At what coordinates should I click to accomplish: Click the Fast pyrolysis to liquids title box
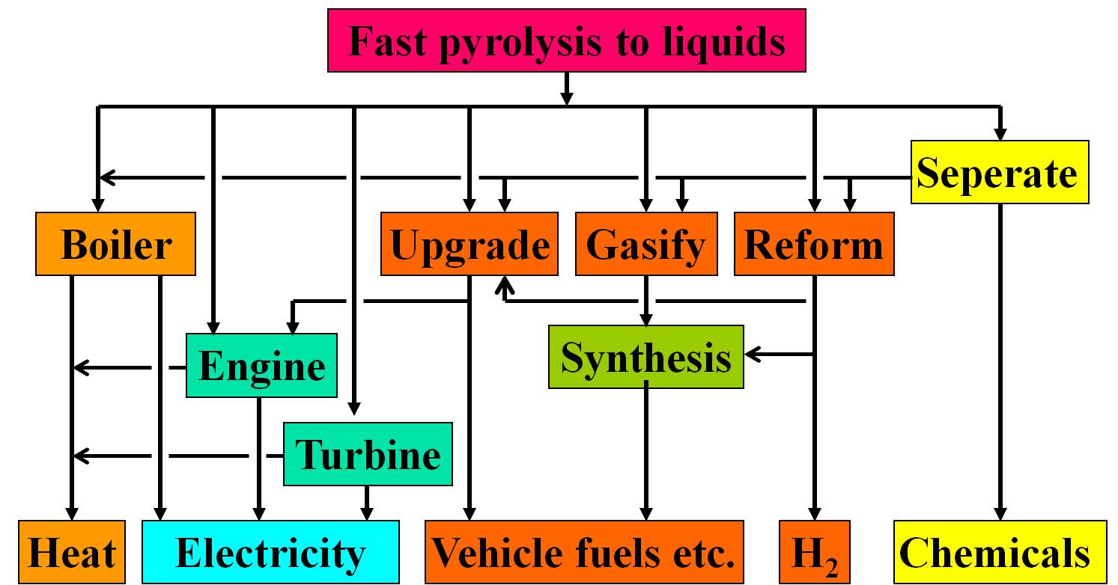click(x=566, y=42)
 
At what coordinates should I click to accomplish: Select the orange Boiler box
click(x=115, y=244)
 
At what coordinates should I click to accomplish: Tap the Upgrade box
click(x=470, y=244)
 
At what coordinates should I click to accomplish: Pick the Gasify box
click(x=645, y=244)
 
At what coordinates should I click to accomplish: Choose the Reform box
click(x=814, y=244)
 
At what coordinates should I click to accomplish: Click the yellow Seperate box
click(x=999, y=172)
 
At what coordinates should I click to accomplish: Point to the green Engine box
click(x=261, y=367)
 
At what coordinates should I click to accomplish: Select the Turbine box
click(x=368, y=454)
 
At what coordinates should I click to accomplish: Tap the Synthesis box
click(x=645, y=357)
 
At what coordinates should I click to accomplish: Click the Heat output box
click(x=72, y=553)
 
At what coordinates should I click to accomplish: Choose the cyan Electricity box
click(x=270, y=553)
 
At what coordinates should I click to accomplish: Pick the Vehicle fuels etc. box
click(x=585, y=553)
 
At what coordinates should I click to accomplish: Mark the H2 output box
click(x=814, y=553)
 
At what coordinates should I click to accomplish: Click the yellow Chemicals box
click(x=999, y=553)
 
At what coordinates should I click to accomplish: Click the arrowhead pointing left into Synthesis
click(x=752, y=355)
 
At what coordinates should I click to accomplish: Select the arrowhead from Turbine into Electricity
click(x=367, y=513)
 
